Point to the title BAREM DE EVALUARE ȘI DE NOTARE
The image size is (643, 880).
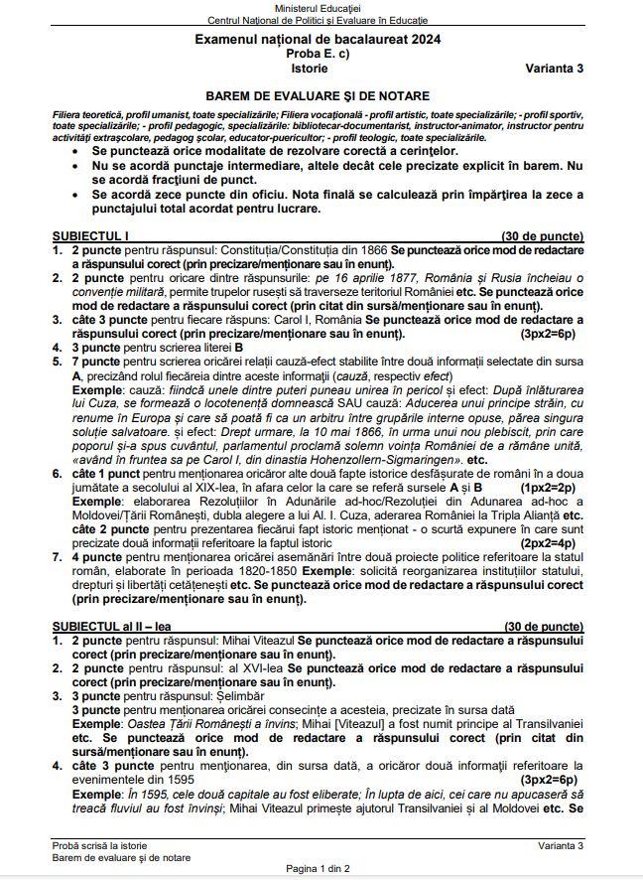click(319, 96)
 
